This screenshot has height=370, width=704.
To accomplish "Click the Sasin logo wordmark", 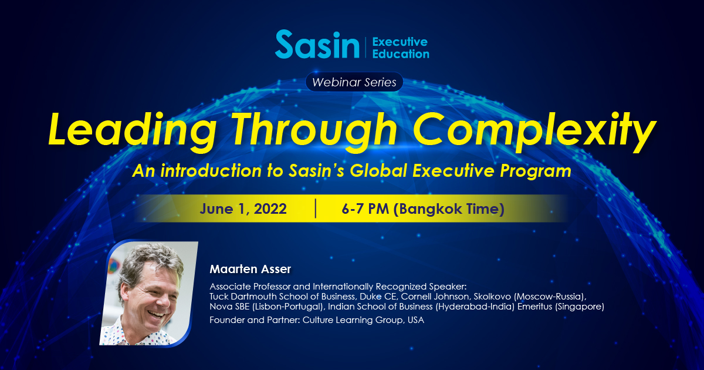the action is pos(317,44).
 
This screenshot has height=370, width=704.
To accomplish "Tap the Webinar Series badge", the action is pos(354,82).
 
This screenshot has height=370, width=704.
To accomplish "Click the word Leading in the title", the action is pos(133,132).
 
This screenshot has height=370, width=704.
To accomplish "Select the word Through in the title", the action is pos(315,132).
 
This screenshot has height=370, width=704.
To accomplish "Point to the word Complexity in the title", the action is pos(534,132).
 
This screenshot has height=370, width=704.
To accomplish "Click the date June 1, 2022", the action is pos(243,209).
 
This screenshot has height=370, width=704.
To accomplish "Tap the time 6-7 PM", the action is pos(365,208).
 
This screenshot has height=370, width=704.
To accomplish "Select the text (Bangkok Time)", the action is pos(449,209).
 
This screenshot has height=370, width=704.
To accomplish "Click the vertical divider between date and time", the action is pos(315,208).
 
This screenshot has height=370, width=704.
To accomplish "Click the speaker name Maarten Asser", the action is pos(250,269).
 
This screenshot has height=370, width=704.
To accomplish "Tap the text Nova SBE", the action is pos(229,307).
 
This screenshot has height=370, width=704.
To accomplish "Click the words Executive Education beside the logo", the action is pos(400,48).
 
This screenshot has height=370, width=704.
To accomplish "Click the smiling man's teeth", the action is pos(156,314).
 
